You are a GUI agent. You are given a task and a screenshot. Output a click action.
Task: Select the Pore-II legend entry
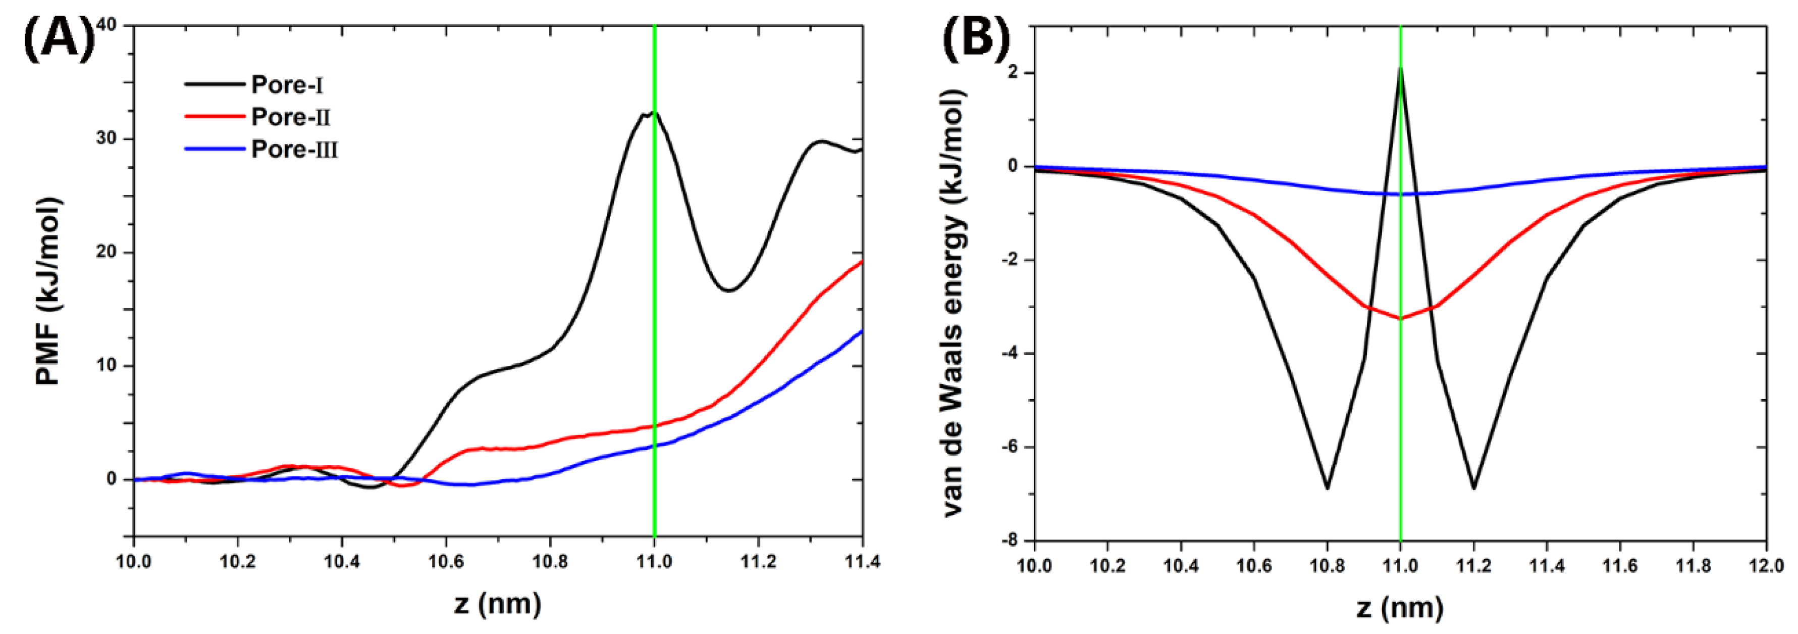[290, 117]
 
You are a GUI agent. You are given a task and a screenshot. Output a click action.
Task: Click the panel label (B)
[976, 36]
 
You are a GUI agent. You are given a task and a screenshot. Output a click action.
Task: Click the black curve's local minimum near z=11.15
[729, 290]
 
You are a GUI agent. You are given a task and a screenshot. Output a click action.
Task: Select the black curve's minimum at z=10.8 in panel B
[1327, 488]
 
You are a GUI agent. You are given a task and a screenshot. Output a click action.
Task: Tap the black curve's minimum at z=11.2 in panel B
[1473, 488]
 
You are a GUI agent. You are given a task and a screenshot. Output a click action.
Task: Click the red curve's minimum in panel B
[1400, 318]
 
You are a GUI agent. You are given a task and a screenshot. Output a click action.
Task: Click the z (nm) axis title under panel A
[497, 603]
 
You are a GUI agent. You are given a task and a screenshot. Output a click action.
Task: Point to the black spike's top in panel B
[1400, 68]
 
